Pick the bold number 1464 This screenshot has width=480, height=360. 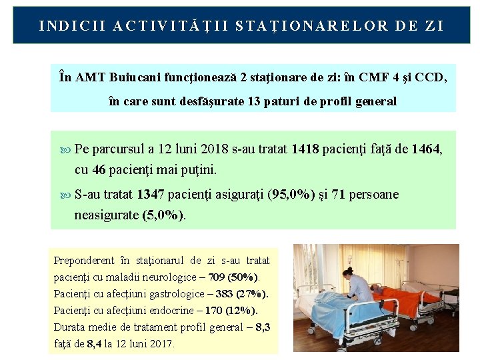[426, 149]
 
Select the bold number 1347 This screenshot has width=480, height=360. [151, 195]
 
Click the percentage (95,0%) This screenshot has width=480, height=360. [291, 195]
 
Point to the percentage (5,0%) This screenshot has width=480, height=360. [164, 215]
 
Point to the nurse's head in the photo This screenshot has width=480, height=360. [349, 273]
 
